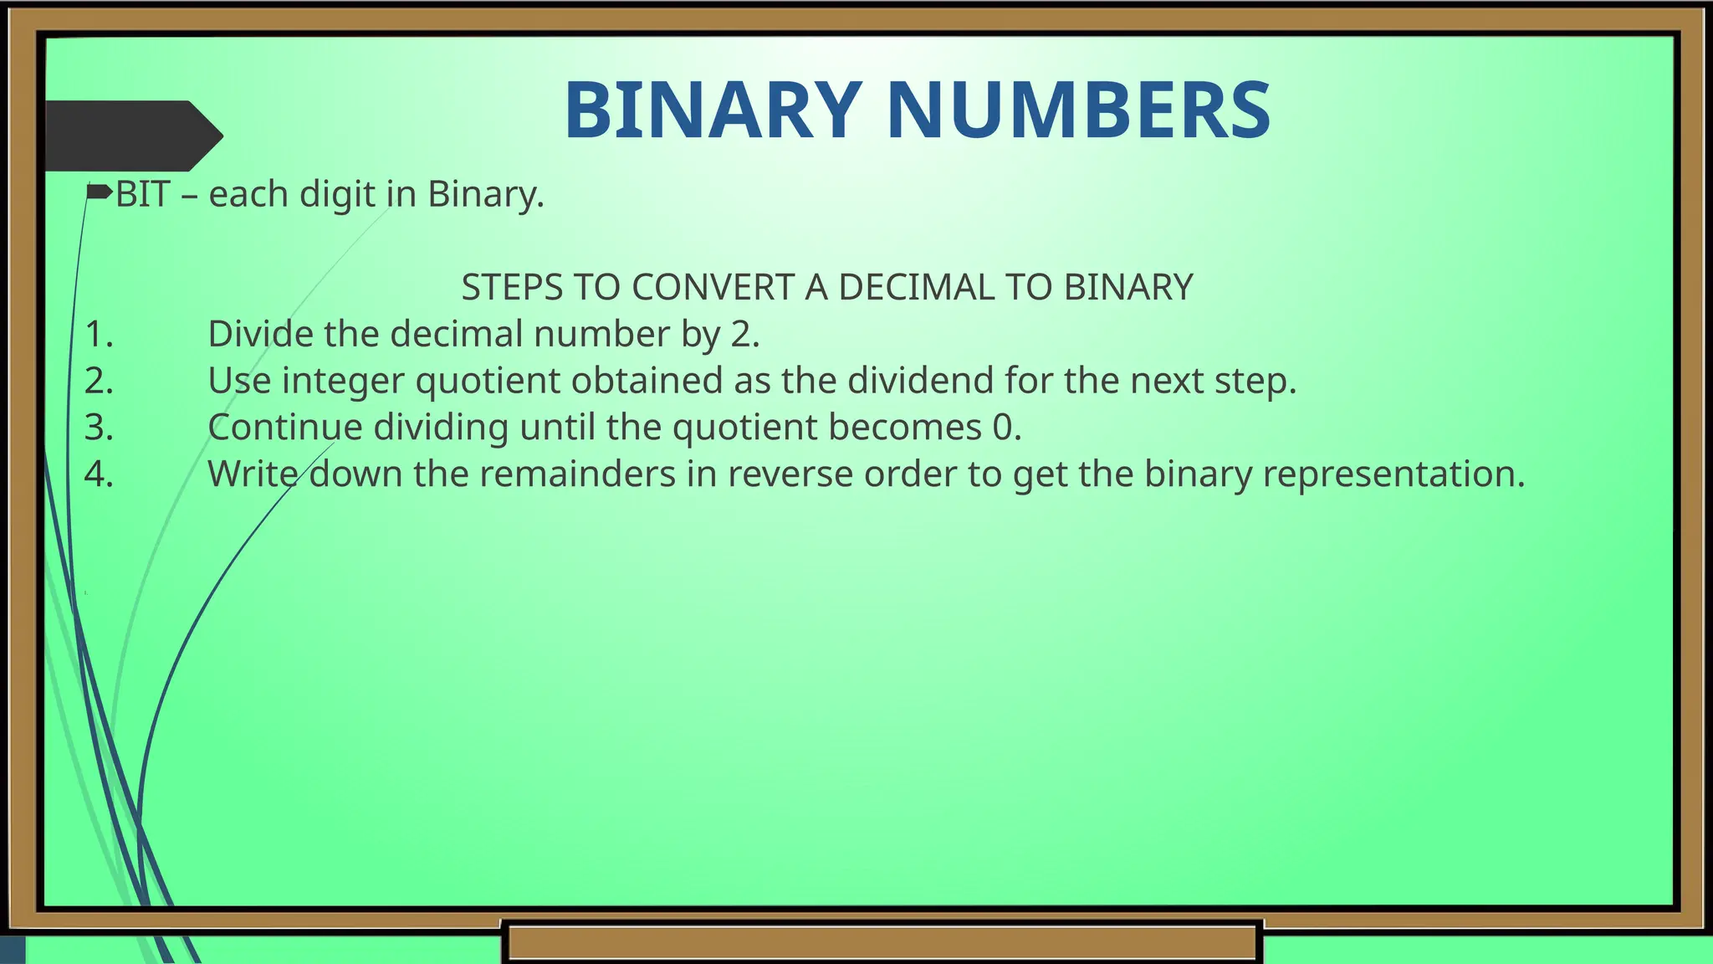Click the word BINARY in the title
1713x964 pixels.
pos(713,110)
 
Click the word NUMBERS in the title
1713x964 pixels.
pos(1078,110)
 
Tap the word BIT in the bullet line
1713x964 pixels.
pos(142,194)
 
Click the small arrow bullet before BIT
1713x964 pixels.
pos(99,192)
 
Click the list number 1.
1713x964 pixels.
pos(99,334)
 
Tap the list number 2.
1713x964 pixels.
pos(99,381)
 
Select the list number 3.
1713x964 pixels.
pos(99,428)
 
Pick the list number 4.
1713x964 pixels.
pos(99,474)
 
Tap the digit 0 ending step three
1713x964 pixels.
pos(1002,428)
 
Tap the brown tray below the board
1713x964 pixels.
pos(882,942)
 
